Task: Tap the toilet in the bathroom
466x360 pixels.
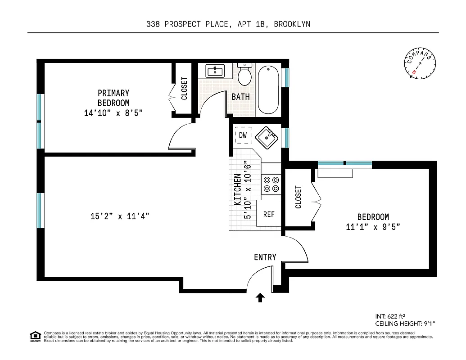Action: tap(244, 75)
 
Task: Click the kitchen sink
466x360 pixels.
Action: tap(266, 137)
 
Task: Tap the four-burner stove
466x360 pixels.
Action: tap(271, 184)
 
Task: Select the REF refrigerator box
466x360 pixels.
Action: tap(269, 214)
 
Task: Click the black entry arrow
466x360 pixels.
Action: tap(260, 298)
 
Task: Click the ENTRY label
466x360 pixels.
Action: tap(265, 257)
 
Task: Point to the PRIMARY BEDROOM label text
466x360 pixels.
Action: tap(113, 98)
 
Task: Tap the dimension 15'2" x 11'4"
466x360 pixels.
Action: tap(120, 216)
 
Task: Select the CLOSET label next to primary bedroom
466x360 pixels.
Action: tap(184, 89)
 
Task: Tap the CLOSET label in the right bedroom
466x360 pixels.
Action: tap(298, 197)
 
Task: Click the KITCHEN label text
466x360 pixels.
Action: tap(237, 190)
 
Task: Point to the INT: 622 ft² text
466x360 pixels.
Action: tap(393, 316)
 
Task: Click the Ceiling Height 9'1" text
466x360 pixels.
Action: tap(405, 324)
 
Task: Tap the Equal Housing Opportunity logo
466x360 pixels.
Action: tap(35, 336)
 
